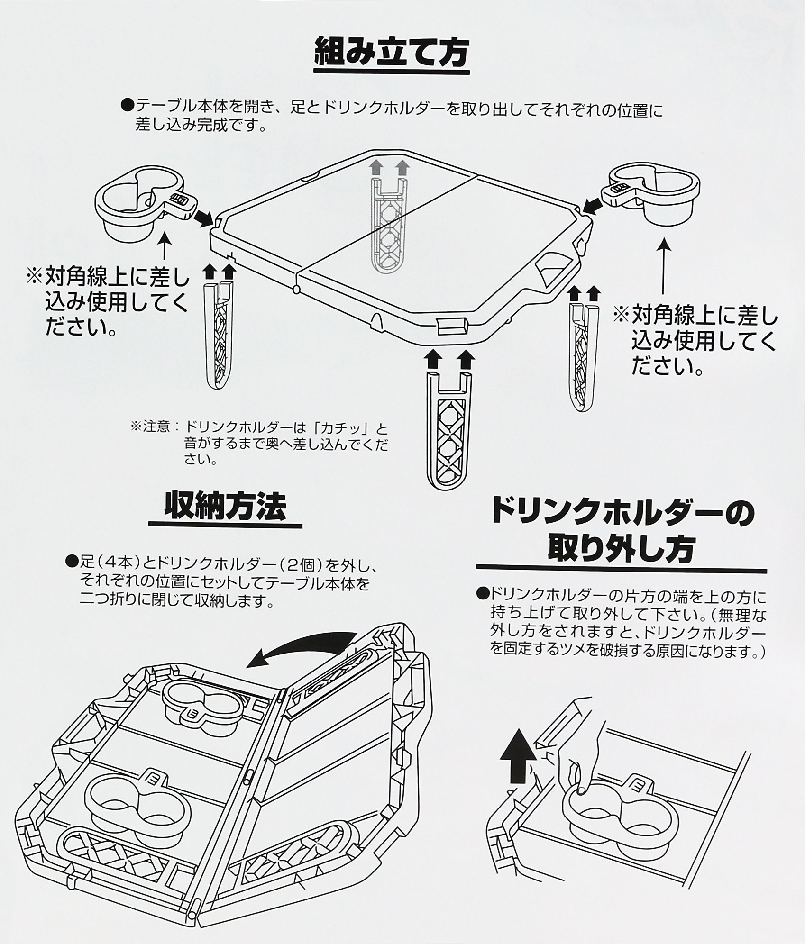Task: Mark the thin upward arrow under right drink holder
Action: click(x=663, y=265)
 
